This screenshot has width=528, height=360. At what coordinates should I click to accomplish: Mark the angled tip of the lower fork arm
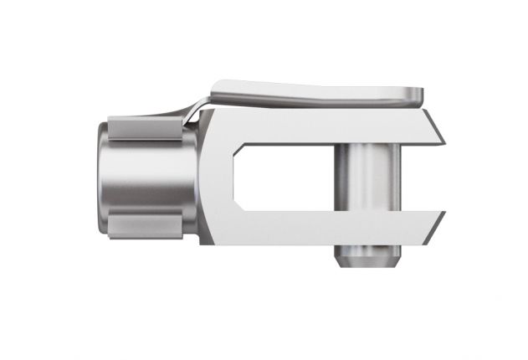(x=437, y=224)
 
